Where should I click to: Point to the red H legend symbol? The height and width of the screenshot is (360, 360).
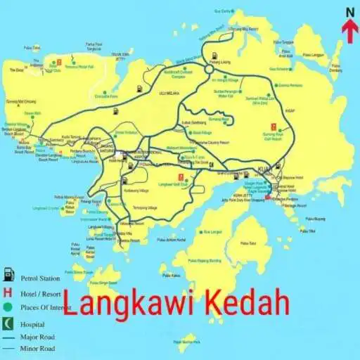(x=8, y=291)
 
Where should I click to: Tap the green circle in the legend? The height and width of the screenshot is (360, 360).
(x=8, y=307)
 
